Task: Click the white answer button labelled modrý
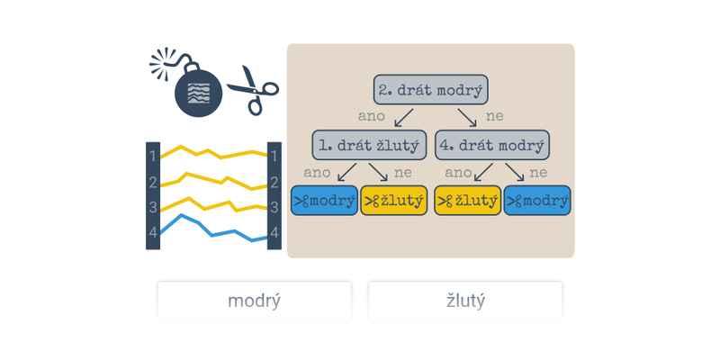(254, 301)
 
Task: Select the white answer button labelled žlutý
(465, 301)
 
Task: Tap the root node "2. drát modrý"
(431, 90)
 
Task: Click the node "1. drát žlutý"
(369, 145)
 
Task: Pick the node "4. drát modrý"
(492, 145)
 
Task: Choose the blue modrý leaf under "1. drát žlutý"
(324, 201)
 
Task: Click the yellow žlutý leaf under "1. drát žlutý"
(394, 201)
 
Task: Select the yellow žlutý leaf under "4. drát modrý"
(467, 201)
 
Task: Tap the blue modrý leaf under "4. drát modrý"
(537, 201)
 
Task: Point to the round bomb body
(198, 94)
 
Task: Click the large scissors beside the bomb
(252, 89)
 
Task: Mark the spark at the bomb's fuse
(163, 62)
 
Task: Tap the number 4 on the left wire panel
(153, 232)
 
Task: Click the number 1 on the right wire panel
(274, 156)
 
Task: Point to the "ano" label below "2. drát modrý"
(372, 116)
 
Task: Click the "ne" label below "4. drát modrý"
(538, 172)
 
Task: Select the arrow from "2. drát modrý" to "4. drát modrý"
(467, 117)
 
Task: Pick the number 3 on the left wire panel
(153, 207)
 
